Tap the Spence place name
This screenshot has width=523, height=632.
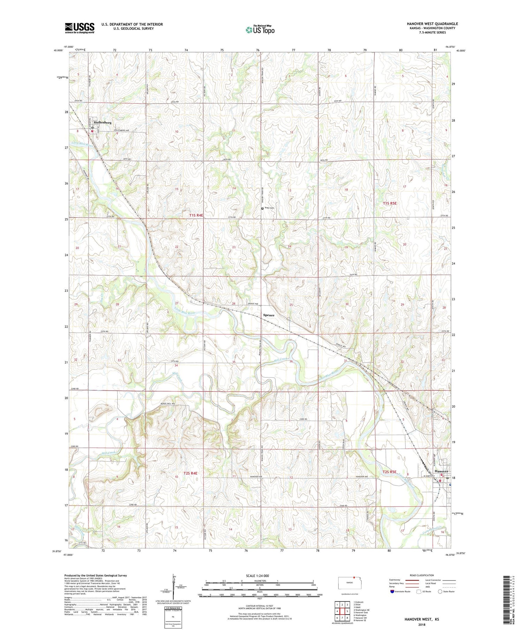point(268,315)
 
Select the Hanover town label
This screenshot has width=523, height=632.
point(441,471)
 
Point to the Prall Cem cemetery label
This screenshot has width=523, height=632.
point(270,208)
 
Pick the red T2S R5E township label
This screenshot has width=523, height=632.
point(389,472)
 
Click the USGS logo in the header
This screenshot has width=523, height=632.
point(79,28)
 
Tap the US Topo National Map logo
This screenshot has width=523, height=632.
point(260,30)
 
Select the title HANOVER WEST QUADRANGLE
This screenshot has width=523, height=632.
point(432,24)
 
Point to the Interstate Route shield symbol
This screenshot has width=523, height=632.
point(392,592)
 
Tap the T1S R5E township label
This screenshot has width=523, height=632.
point(389,203)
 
